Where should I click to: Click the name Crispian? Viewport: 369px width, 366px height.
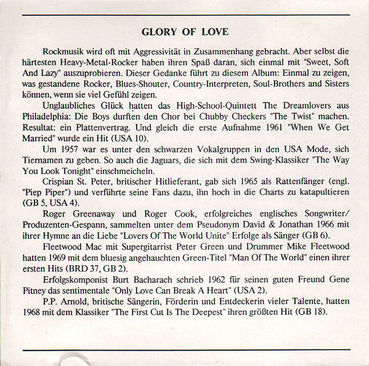[62, 199]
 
